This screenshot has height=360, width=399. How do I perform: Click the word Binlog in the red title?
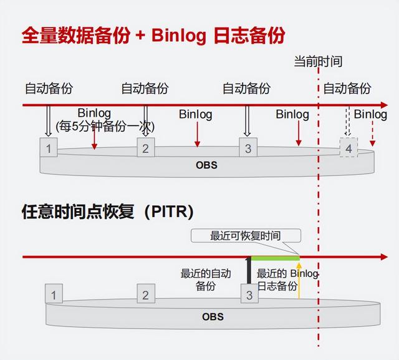179,36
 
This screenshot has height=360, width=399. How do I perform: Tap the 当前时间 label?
318,62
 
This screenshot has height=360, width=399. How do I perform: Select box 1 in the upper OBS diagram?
49,147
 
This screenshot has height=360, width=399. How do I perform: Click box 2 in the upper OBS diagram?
146,147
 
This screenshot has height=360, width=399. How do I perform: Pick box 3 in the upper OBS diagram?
248,147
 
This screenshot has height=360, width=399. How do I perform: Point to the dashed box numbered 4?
349,147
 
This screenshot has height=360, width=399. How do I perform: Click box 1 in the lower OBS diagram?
54,293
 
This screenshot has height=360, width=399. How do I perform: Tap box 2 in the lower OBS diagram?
146,293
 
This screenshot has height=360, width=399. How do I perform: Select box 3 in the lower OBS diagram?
249,293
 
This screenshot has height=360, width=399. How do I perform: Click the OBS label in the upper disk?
206,165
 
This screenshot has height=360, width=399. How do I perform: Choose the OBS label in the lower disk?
213,317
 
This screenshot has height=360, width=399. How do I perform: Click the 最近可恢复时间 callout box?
246,235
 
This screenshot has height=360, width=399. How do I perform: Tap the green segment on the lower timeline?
276,258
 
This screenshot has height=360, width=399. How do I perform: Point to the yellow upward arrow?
299,280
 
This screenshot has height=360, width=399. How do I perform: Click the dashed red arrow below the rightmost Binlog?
373,133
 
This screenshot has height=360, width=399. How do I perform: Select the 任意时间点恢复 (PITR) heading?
108,212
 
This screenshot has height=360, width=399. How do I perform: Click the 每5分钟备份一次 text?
105,126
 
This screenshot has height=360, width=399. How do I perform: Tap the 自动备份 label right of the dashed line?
347,89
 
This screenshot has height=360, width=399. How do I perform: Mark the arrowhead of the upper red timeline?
384,105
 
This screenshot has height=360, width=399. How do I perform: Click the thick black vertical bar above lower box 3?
249,271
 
